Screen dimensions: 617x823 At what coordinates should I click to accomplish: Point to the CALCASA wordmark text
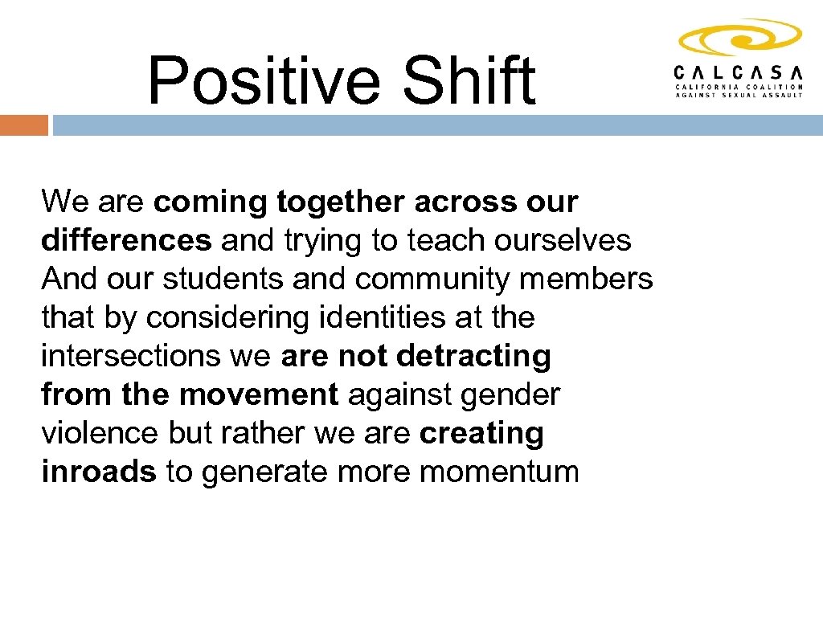(x=739, y=71)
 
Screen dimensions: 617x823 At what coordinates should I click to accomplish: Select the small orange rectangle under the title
(x=24, y=125)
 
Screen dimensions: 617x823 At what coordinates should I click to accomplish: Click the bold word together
(x=342, y=202)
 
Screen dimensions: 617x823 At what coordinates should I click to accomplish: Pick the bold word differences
(x=126, y=240)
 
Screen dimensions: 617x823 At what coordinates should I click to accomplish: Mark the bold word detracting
(x=474, y=356)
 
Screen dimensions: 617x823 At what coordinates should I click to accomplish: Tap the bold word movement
(x=258, y=394)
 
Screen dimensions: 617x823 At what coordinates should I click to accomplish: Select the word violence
(x=100, y=433)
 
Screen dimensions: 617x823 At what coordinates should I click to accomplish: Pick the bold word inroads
(x=98, y=472)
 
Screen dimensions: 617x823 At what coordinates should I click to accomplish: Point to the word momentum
(x=499, y=472)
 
